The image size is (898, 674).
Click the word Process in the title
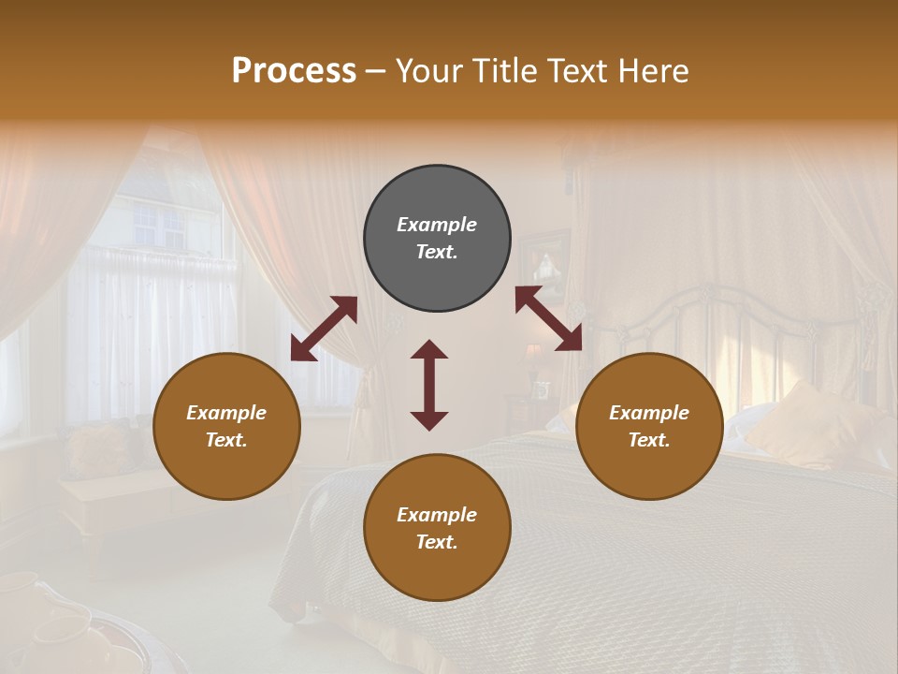pos(294,71)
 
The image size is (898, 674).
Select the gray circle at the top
pos(437,239)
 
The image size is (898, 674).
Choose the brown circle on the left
pos(226,426)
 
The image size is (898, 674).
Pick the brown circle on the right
pos(649,426)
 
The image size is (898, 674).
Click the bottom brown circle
pos(437,527)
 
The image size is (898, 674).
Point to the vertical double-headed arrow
pos(429,385)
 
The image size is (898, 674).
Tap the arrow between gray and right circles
pos(548,318)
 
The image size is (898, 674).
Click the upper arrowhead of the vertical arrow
pos(429,349)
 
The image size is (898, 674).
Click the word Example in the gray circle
pos(437,225)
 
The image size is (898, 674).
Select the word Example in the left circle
pos(226,413)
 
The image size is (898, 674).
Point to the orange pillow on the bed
pos(804,426)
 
